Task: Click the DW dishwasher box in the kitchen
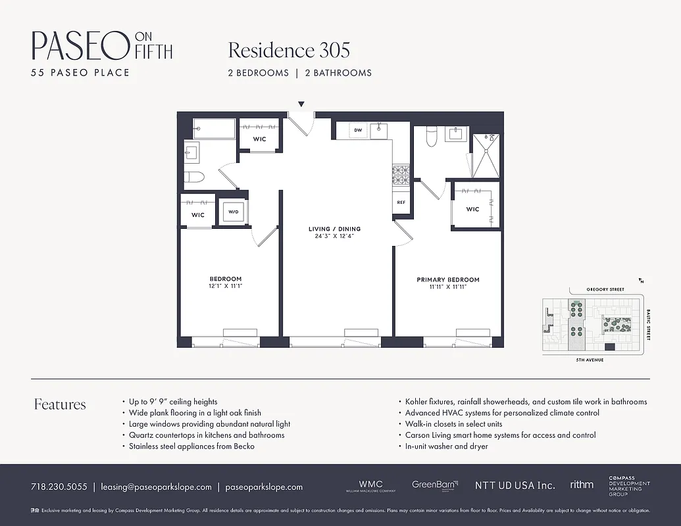[x=358, y=130]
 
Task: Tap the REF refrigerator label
[x=401, y=203]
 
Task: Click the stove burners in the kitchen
[x=401, y=175]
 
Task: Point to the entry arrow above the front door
[x=301, y=104]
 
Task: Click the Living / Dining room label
[x=334, y=229]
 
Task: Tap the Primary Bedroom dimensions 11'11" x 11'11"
[x=448, y=287]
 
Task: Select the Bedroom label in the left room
[x=226, y=279]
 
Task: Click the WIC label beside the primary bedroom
[x=472, y=209]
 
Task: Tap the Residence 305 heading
[x=289, y=50]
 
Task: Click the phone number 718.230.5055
[x=59, y=487]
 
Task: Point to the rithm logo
[x=581, y=485]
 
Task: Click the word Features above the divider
[x=60, y=404]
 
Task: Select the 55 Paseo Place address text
[x=80, y=72]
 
